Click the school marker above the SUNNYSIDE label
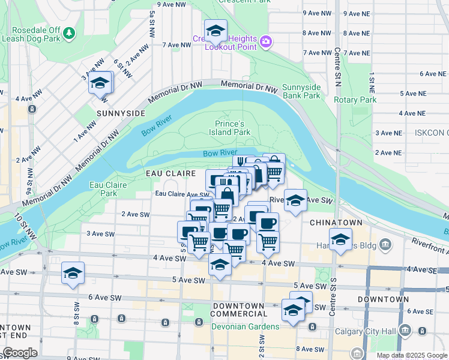tap(101, 83)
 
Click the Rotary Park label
tap(355, 100)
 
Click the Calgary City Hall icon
tap(405, 329)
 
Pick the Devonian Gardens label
tap(245, 326)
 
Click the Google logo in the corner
tap(19, 353)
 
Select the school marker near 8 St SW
tap(73, 273)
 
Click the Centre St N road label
tap(337, 66)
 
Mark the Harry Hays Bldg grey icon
tap(385, 244)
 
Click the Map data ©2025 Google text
tap(412, 355)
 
